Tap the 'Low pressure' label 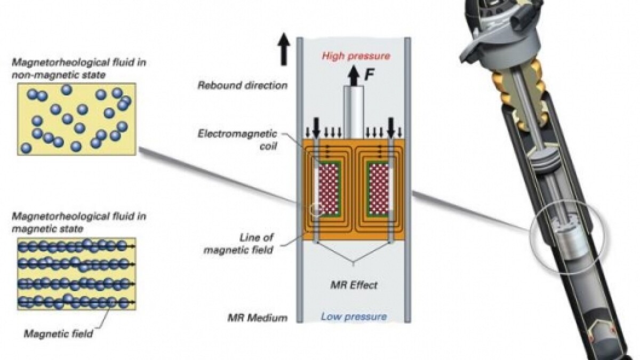(353, 317)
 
